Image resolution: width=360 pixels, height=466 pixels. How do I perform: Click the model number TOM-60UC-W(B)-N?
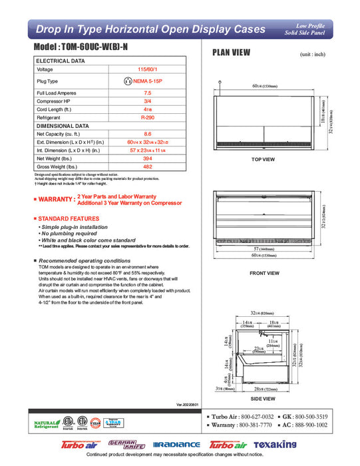(86, 49)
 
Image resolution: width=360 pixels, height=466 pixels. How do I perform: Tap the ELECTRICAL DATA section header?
(61, 61)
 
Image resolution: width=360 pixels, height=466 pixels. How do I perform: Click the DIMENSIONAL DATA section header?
(63, 125)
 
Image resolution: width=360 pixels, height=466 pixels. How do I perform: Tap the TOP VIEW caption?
(263, 160)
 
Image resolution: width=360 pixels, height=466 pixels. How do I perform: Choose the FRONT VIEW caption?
(264, 273)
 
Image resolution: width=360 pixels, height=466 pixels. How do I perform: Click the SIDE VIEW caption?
(264, 398)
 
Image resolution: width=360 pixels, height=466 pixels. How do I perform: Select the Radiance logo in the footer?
(176, 444)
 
